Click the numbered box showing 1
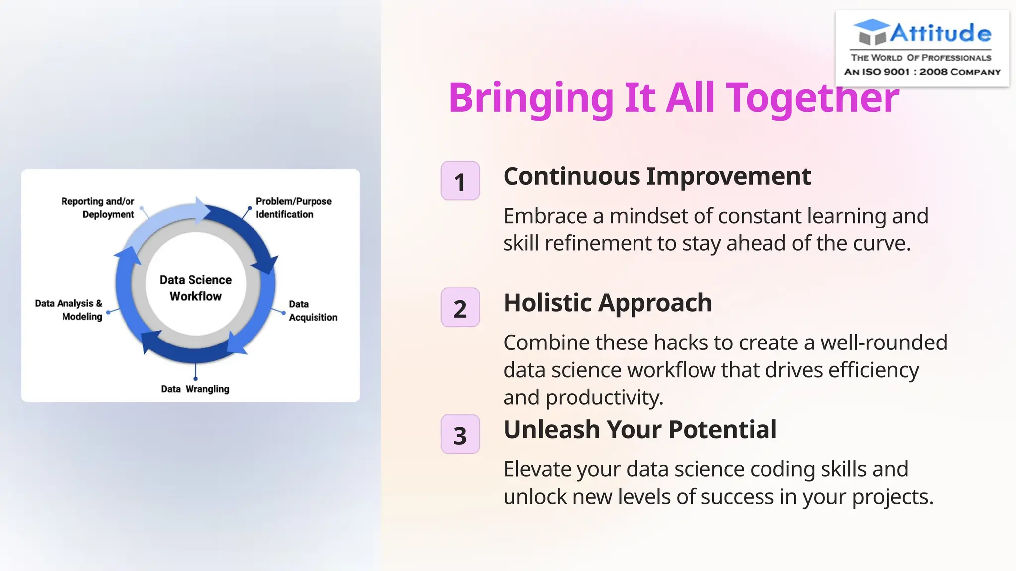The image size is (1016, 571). (460, 181)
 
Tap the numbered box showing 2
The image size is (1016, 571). (460, 308)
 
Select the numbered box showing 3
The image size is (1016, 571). (460, 435)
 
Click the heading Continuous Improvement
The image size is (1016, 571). (657, 176)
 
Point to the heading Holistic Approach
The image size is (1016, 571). (608, 303)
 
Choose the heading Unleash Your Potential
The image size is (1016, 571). (640, 430)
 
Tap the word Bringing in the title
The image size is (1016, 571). (531, 98)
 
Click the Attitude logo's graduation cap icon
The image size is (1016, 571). (872, 32)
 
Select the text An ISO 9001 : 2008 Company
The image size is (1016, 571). (922, 72)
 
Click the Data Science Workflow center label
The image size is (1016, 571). (195, 288)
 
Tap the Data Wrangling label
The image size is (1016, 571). (195, 389)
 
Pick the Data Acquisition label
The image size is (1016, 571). (313, 311)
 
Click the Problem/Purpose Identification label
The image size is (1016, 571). (293, 208)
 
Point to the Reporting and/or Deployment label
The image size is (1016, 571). (98, 208)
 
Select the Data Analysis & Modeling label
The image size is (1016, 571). (68, 310)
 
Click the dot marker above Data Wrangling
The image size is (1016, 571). (195, 378)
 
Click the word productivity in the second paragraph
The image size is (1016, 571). (604, 398)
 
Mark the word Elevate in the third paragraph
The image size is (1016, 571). (537, 469)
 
